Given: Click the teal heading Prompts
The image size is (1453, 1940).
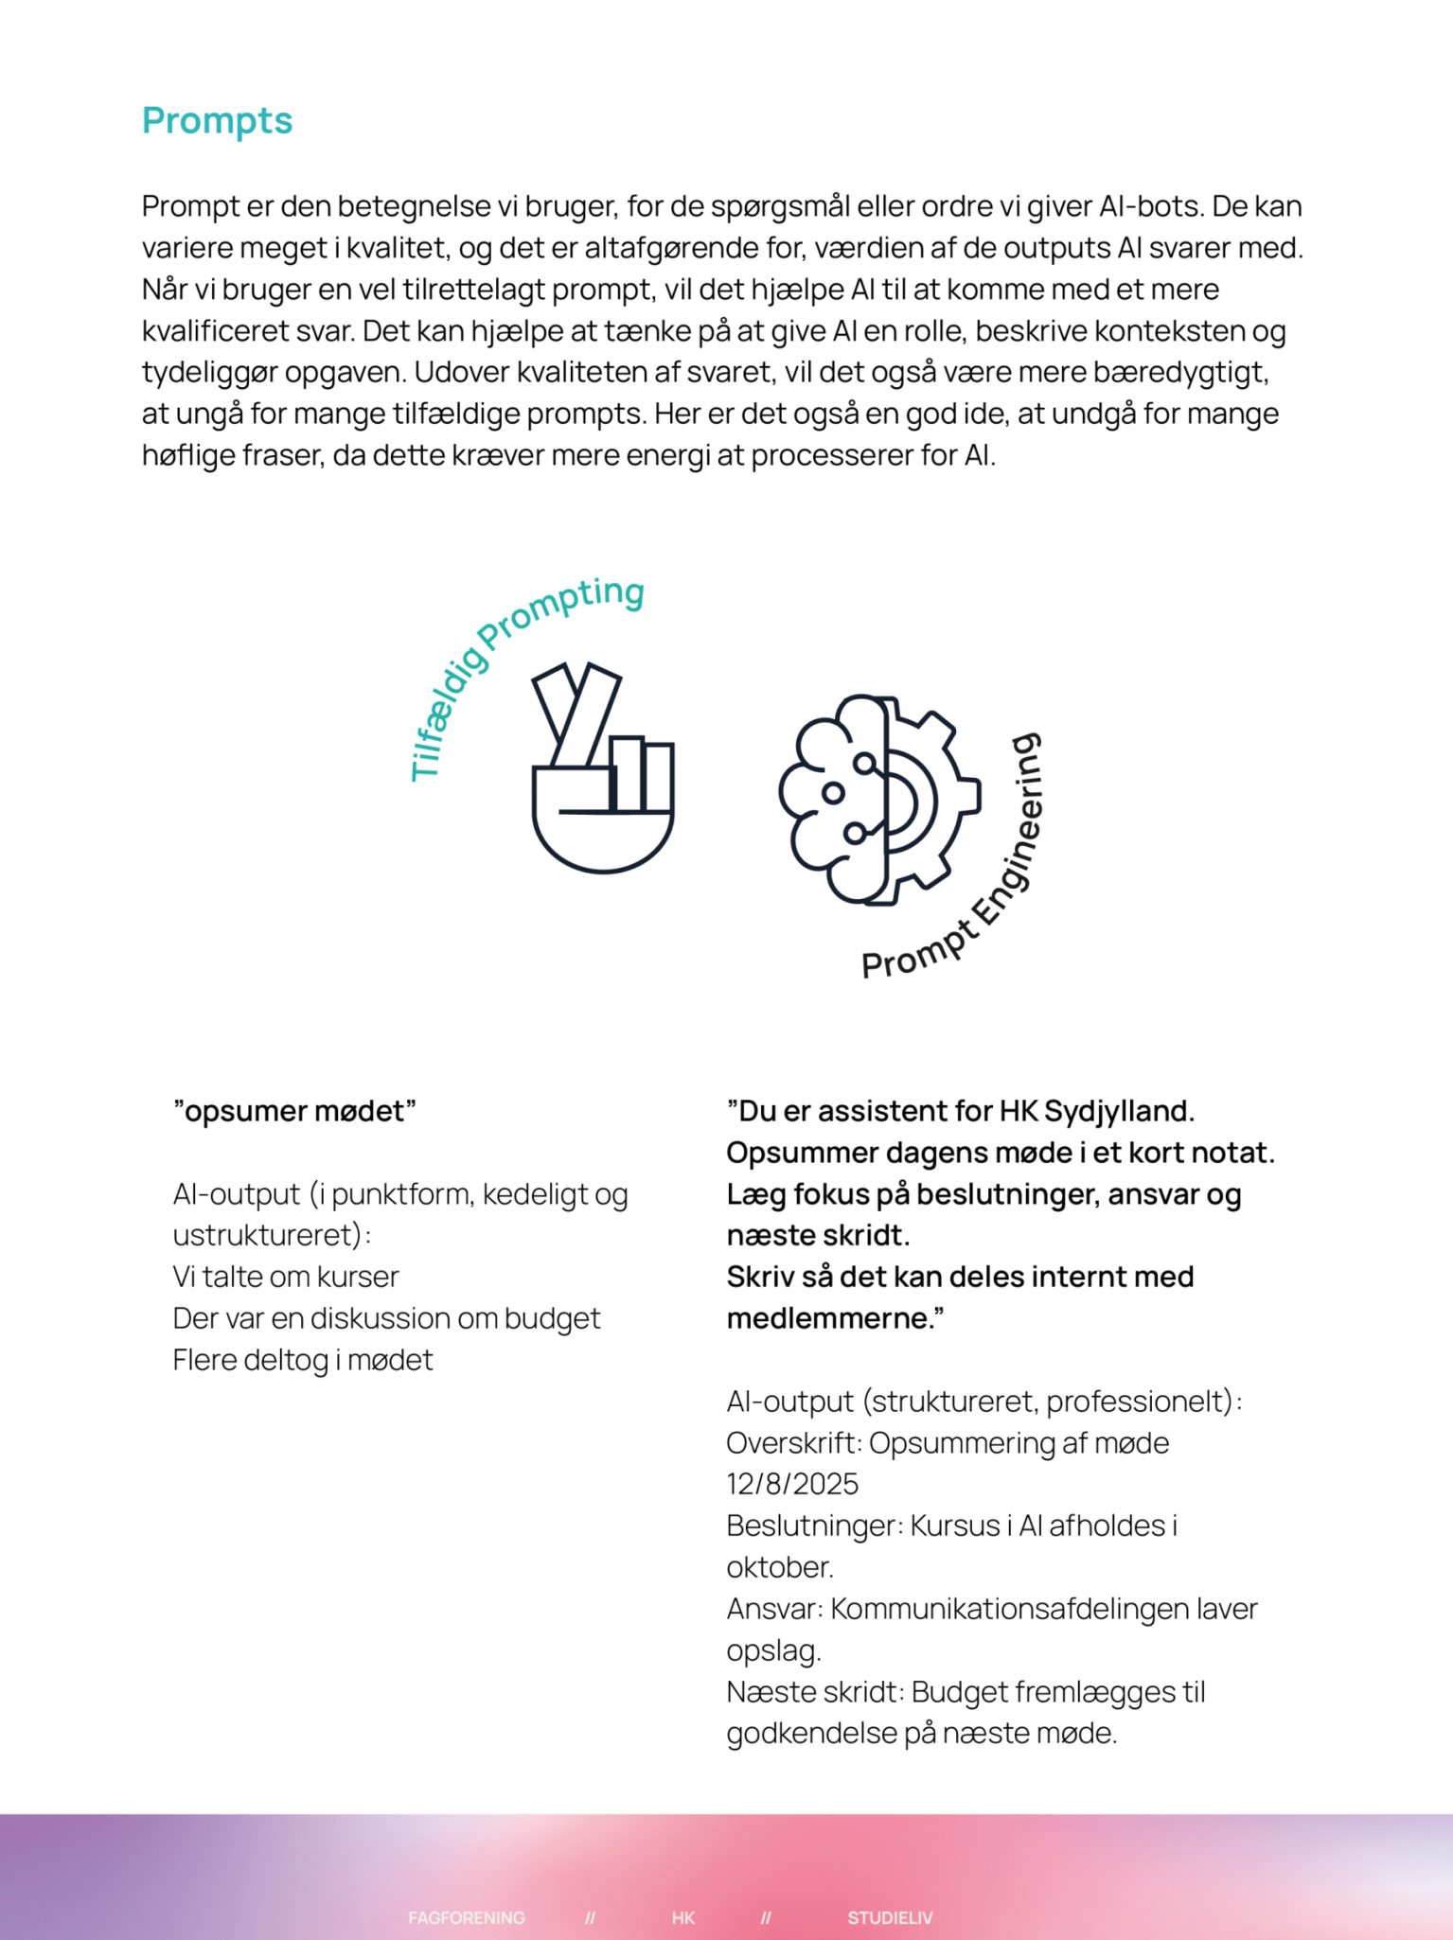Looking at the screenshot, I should (217, 121).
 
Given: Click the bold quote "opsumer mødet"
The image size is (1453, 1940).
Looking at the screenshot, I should (294, 1111).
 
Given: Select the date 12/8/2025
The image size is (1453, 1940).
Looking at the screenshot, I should (792, 1484).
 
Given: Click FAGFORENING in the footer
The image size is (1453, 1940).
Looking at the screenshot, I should (467, 1917).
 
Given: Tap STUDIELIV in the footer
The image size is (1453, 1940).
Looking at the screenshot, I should (890, 1917).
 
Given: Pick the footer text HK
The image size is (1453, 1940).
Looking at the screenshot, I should (683, 1917).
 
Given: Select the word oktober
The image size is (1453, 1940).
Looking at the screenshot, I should (779, 1567).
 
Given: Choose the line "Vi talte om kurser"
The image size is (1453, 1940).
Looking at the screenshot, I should (286, 1277).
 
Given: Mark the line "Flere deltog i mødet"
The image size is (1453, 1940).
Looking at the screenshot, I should (303, 1360).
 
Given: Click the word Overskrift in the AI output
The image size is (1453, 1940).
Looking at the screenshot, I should (793, 1443).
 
